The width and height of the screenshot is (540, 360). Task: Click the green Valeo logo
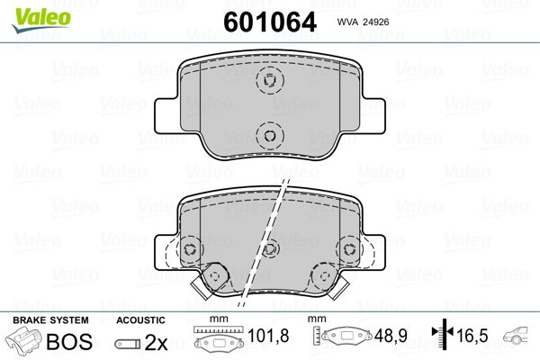[x=41, y=20]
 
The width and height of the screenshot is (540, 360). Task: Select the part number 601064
[x=270, y=22]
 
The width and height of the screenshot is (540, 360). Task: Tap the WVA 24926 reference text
[x=363, y=22]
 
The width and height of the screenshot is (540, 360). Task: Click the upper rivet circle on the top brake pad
[x=270, y=80]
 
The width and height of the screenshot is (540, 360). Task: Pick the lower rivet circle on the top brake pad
[x=270, y=135]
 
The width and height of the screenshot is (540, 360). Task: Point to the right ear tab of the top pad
[x=373, y=116]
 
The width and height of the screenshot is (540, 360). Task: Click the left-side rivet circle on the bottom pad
[x=190, y=249]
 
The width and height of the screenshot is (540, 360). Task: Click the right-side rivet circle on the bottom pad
[x=349, y=248]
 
